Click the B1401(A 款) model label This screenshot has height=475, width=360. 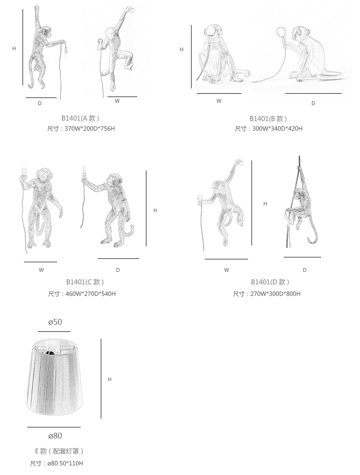(80, 118)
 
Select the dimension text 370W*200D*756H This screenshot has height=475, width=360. (90, 128)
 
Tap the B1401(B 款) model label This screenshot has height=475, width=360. (268, 119)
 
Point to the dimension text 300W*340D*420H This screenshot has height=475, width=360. (277, 128)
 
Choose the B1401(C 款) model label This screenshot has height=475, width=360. (85, 282)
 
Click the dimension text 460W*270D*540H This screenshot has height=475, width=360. (91, 293)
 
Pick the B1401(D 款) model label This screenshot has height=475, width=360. (270, 282)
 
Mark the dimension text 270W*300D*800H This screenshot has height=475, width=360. (276, 293)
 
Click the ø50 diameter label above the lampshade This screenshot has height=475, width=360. (55, 322)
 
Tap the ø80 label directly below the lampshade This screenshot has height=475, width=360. (55, 436)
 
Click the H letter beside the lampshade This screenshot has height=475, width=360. (109, 379)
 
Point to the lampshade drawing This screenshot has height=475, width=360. (54, 378)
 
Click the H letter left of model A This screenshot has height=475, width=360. (14, 49)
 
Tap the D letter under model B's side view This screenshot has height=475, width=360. (313, 103)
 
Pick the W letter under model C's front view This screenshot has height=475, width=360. (41, 270)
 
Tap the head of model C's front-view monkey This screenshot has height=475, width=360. (44, 174)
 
